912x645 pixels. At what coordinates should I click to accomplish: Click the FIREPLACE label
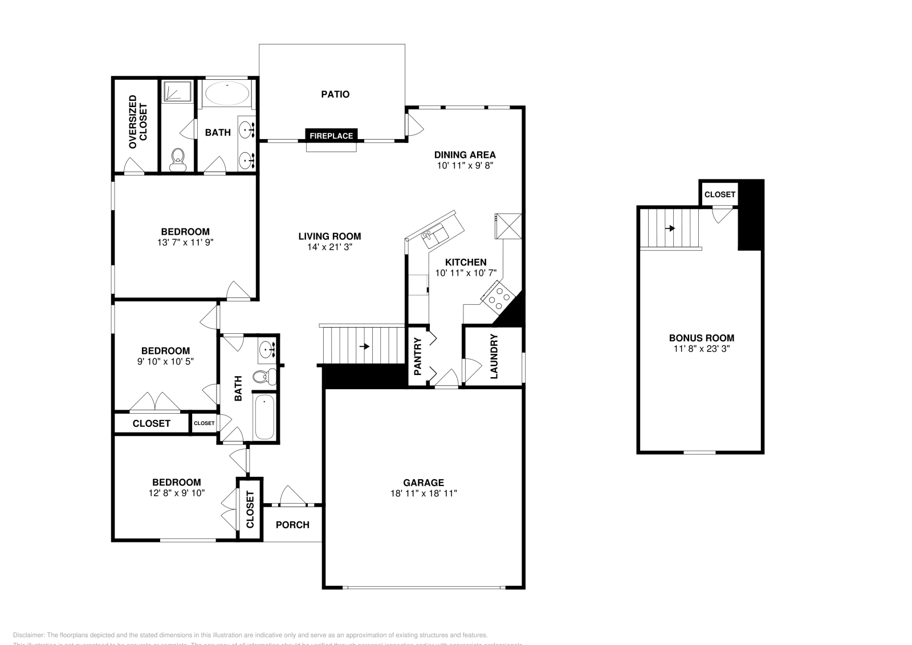click(332, 136)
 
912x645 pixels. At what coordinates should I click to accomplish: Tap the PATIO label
click(335, 94)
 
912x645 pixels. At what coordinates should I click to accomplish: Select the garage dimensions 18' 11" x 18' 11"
click(423, 493)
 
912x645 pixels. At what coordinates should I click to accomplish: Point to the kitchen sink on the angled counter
click(435, 234)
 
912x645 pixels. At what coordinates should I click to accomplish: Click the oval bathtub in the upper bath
click(226, 93)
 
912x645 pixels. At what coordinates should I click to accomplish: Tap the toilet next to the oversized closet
click(178, 159)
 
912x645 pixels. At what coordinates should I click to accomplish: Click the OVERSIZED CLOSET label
click(137, 123)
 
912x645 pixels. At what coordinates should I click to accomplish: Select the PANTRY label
click(417, 357)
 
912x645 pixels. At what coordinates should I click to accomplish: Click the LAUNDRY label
click(494, 357)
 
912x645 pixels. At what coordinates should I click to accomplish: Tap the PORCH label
click(292, 525)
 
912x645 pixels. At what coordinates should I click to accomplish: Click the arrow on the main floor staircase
click(364, 346)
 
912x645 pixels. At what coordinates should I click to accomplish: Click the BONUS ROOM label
click(701, 338)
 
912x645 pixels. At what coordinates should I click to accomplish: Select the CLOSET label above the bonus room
click(719, 194)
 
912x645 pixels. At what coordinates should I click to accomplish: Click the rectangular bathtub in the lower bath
click(264, 418)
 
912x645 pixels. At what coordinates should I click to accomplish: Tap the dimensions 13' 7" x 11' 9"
click(185, 242)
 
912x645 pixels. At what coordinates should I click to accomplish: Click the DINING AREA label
click(465, 154)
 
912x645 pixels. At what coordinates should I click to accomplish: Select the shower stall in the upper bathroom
click(177, 92)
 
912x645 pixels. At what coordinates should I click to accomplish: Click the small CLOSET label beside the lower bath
click(204, 423)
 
